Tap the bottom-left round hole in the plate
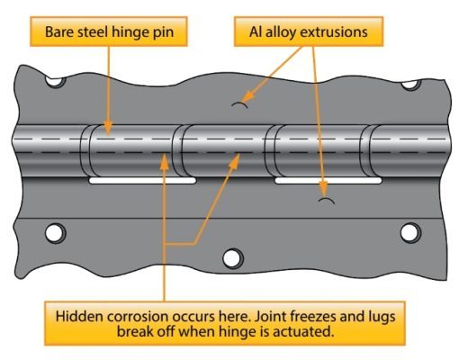pyautogui.click(x=55, y=233)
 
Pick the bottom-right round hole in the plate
pyautogui.click(x=409, y=233)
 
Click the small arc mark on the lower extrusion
pyautogui.click(x=326, y=200)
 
